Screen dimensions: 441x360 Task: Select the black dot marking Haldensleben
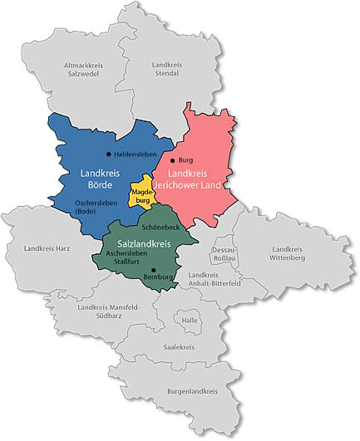(x=109, y=154)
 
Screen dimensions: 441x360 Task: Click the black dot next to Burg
(x=172, y=159)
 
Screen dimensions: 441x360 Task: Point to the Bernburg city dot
(x=154, y=269)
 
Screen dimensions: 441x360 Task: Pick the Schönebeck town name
(x=158, y=227)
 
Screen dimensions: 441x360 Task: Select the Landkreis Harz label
(x=48, y=247)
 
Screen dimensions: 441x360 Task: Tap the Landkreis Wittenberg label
(x=288, y=253)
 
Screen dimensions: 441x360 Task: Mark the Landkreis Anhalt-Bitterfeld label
(x=216, y=279)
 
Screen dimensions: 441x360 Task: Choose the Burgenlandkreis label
(x=192, y=390)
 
